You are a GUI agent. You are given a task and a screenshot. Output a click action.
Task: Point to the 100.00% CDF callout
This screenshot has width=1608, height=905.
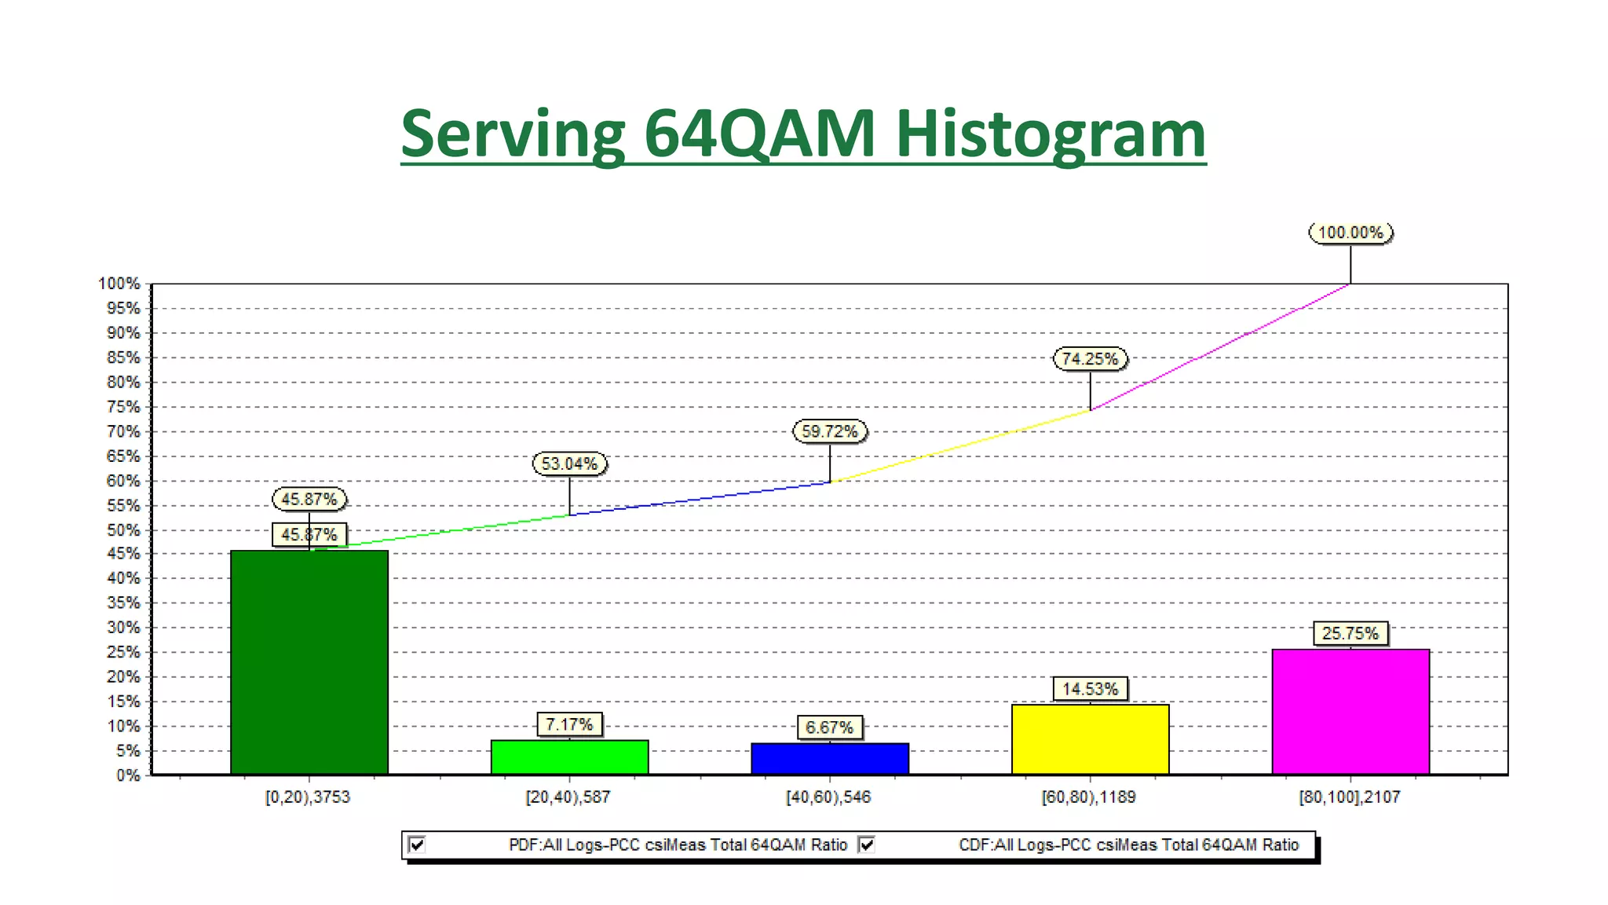coord(1350,233)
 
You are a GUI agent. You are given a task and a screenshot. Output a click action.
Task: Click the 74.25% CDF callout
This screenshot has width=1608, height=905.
coord(1090,359)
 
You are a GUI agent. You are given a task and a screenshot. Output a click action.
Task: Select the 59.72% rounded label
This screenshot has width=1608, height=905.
coord(830,431)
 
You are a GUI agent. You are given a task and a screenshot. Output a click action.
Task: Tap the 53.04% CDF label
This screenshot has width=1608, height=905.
coord(569,463)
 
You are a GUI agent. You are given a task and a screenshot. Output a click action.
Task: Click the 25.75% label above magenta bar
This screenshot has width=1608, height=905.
coord(1350,633)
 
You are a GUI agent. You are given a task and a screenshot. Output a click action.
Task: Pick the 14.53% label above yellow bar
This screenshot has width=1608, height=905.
coord(1090,689)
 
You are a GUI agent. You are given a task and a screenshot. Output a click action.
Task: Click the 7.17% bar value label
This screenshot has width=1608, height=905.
coord(569,724)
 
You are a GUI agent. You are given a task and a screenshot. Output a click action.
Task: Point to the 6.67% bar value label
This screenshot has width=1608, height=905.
coord(829,727)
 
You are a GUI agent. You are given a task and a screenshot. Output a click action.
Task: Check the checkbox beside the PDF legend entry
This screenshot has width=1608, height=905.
coord(417,845)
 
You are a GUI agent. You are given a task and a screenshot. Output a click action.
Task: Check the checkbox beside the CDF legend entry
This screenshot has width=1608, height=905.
coord(866,845)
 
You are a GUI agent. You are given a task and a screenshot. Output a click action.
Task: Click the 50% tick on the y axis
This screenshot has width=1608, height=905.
coord(123,530)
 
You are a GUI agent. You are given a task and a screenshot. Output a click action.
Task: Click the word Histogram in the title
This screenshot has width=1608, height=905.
coord(1050,134)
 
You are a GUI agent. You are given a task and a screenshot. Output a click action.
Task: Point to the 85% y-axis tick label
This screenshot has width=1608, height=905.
coord(123,357)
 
